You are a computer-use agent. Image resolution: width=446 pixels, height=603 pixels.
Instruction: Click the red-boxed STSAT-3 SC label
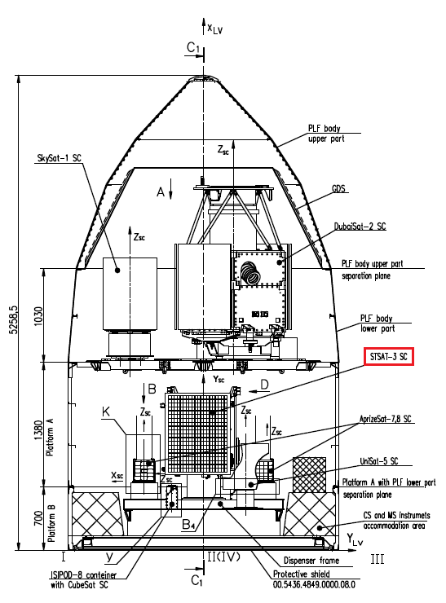tap(389, 356)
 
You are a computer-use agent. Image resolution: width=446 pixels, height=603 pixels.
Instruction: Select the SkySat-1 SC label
tap(60, 158)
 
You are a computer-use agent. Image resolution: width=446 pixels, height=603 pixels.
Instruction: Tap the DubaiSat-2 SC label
tap(360, 227)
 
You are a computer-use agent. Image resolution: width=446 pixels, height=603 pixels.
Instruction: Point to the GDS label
tap(338, 188)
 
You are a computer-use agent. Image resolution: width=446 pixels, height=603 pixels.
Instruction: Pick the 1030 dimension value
tap(39, 316)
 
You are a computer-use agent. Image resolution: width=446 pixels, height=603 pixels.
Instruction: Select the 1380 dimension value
tap(39, 431)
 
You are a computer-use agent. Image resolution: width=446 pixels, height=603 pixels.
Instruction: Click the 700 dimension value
tap(39, 519)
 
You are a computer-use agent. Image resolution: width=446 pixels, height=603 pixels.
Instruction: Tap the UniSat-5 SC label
tap(379, 460)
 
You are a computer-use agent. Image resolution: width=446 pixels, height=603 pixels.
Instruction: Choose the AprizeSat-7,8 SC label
tap(385, 419)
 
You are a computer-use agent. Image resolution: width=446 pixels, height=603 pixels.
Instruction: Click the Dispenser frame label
tap(311, 561)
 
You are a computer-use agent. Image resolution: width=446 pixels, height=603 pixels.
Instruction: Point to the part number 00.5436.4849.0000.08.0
tap(314, 584)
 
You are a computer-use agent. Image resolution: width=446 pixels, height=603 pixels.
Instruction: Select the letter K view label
tap(106, 412)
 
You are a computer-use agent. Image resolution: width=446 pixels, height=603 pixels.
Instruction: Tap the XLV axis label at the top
tap(214, 29)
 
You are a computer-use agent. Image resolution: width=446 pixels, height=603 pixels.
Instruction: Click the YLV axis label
tap(355, 539)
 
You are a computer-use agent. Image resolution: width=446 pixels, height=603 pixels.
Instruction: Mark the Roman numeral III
tap(378, 559)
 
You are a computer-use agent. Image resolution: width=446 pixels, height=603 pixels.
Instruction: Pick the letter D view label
tap(264, 384)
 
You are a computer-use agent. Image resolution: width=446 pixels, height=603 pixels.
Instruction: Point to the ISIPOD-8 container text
tap(83, 575)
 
